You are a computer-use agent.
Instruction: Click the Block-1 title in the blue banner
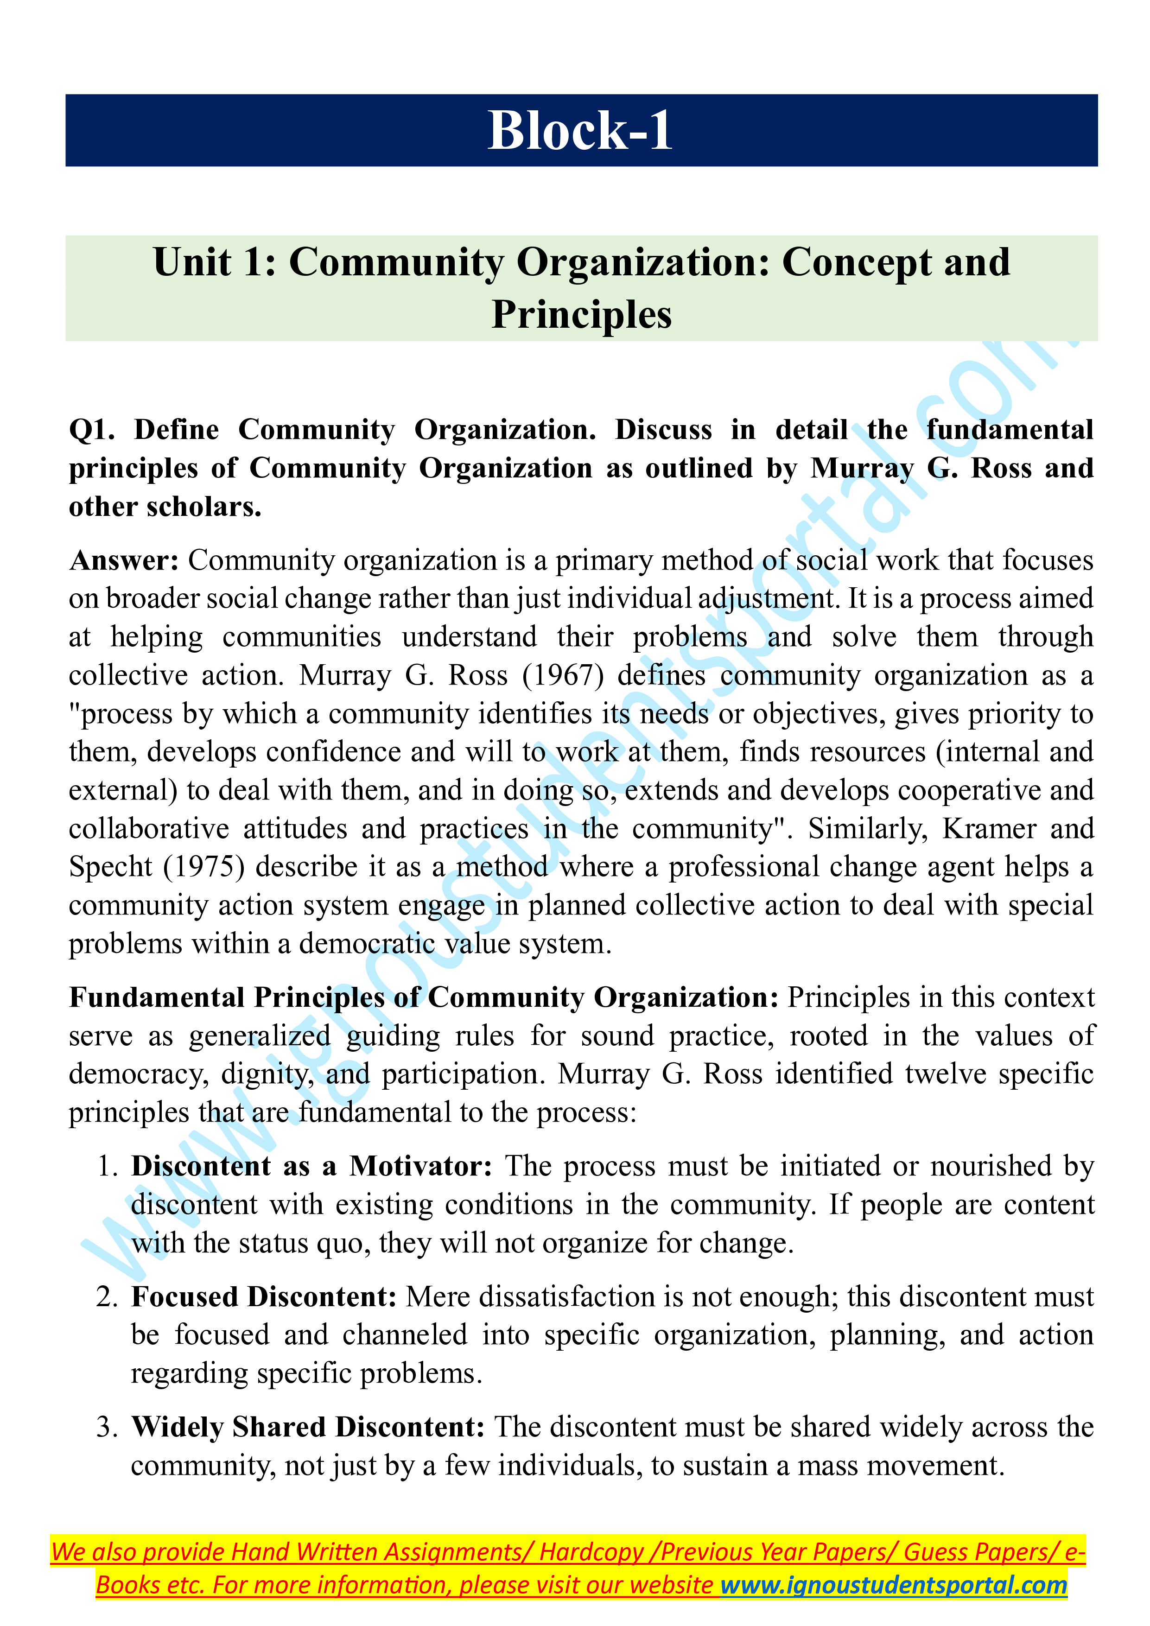click(581, 131)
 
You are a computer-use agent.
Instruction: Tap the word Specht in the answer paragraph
click(110, 867)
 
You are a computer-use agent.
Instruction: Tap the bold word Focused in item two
click(185, 1297)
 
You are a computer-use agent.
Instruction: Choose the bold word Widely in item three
click(177, 1427)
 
